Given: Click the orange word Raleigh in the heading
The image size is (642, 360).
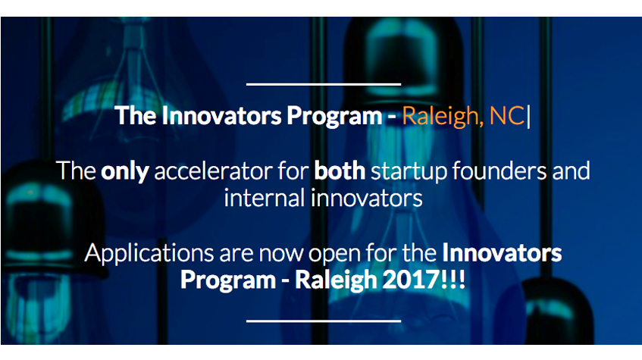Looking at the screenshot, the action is click(440, 116).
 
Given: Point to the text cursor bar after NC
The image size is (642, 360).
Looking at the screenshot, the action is click(528, 116).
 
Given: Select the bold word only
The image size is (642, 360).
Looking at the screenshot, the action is click(124, 171).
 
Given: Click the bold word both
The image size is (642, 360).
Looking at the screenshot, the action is click(340, 171).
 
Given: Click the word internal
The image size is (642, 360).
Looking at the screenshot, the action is click(265, 198).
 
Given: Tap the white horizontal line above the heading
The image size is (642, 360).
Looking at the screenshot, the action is click(324, 84).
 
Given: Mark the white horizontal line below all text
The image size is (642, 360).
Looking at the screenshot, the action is click(324, 321).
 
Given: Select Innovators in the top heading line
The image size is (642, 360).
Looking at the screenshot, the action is click(221, 115).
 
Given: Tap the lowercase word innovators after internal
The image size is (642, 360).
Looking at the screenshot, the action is click(366, 198).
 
